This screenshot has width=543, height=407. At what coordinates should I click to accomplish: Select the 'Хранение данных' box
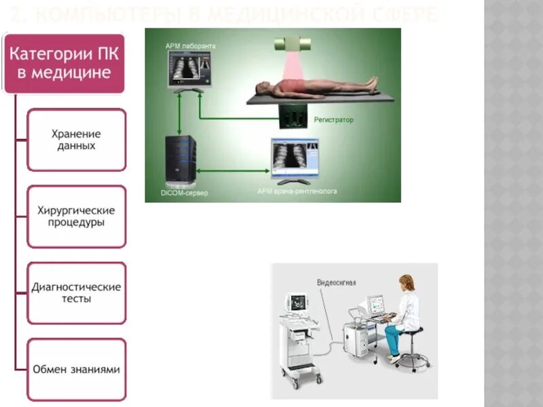pyautogui.click(x=76, y=140)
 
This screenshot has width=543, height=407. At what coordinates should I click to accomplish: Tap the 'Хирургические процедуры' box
pyautogui.click(x=76, y=216)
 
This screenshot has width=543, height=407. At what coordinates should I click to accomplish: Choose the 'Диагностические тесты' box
pyautogui.click(x=76, y=292)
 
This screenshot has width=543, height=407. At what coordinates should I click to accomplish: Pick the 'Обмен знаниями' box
pyautogui.click(x=76, y=370)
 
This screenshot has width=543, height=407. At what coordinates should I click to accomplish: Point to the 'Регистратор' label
pyautogui.click(x=333, y=120)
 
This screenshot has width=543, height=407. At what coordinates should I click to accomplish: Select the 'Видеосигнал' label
pyautogui.click(x=336, y=283)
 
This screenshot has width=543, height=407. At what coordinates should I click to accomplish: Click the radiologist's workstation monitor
pyautogui.click(x=294, y=157)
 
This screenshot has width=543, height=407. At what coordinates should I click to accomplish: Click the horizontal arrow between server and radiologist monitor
pyautogui.click(x=233, y=171)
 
